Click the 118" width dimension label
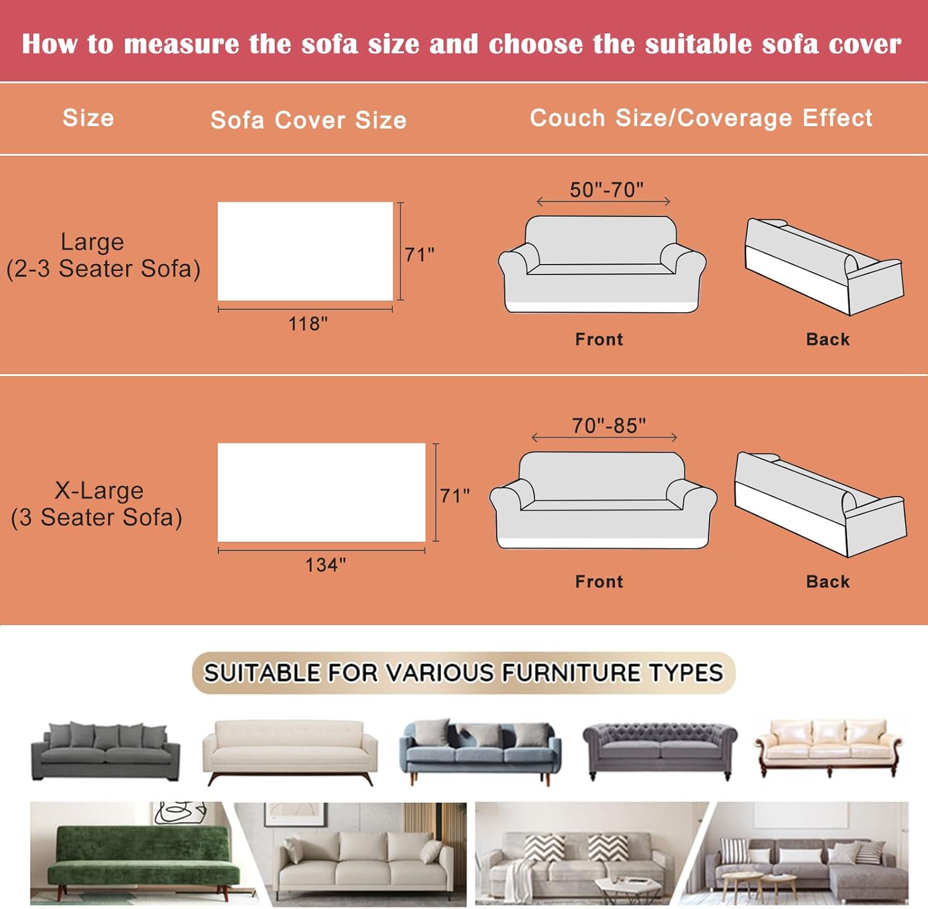pyautogui.click(x=308, y=323)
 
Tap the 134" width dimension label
pyautogui.click(x=325, y=565)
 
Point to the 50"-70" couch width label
pyautogui.click(x=606, y=189)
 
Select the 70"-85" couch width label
pyautogui.click(x=609, y=425)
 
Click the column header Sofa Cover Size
pyautogui.click(x=309, y=120)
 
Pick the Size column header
pyautogui.click(x=88, y=117)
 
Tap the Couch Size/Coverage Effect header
pyautogui.click(x=701, y=117)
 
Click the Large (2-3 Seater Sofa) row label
pyautogui.click(x=103, y=255)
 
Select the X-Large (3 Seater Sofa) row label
pyautogui.click(x=97, y=504)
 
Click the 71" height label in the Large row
pyautogui.click(x=419, y=254)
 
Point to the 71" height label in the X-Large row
pyautogui.click(x=455, y=495)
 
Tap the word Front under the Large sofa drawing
pyautogui.click(x=599, y=339)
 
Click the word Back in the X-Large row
pyautogui.click(x=828, y=581)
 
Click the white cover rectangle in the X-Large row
pyautogui.click(x=322, y=492)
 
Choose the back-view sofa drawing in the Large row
pyautogui.click(x=824, y=266)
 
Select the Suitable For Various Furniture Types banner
pyautogui.click(x=463, y=673)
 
